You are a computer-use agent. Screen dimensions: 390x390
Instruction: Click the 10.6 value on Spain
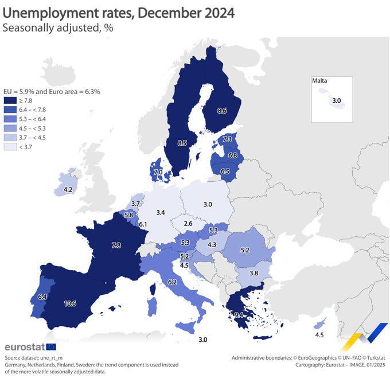click(71, 303)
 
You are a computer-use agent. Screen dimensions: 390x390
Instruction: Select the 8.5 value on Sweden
click(182, 143)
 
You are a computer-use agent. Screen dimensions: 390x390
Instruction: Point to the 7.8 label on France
click(115, 245)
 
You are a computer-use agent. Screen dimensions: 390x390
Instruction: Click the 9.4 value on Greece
click(239, 315)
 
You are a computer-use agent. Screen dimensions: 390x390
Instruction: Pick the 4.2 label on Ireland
click(68, 189)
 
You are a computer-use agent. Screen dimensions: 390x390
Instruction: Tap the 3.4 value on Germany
click(161, 213)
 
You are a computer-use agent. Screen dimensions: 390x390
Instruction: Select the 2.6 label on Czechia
click(188, 224)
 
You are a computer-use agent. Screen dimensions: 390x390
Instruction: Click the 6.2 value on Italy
click(173, 282)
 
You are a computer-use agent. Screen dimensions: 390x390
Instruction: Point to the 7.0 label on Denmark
click(158, 172)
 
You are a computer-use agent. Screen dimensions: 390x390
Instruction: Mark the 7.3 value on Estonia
click(227, 139)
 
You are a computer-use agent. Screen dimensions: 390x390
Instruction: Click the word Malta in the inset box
click(320, 81)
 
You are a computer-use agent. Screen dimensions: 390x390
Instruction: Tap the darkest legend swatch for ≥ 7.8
click(9, 100)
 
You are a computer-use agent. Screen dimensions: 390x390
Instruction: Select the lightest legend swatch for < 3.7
click(9, 147)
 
